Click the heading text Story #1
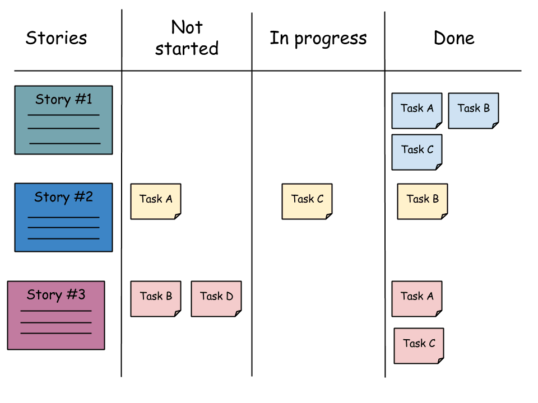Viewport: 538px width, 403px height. click(63, 100)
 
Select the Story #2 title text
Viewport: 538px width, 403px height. click(63, 197)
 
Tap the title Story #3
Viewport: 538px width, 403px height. click(56, 295)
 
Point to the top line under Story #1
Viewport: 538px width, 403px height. click(63, 115)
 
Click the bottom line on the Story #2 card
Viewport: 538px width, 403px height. click(63, 239)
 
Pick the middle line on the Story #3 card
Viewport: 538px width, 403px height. click(56, 322)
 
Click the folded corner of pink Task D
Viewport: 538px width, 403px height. click(238, 313)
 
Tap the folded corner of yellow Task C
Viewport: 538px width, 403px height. click(329, 216)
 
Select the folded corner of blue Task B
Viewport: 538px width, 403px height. click(495, 125)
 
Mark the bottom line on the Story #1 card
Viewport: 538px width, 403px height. click(64, 143)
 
